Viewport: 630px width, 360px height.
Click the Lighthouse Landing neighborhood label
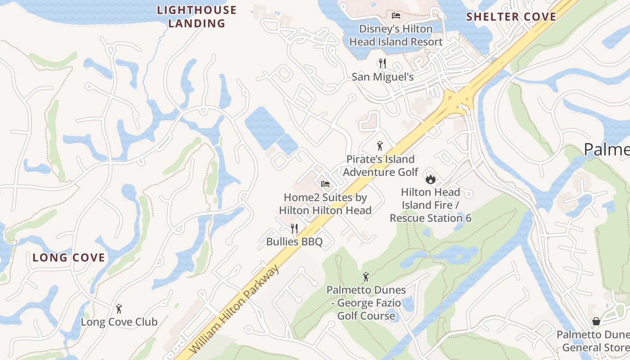click(x=197, y=17)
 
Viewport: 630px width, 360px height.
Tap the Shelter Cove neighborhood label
click(x=511, y=17)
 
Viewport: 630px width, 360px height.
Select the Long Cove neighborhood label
click(x=69, y=258)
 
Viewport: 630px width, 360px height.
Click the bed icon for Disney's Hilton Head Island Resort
click(x=396, y=16)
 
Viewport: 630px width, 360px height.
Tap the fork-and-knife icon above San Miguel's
click(x=382, y=63)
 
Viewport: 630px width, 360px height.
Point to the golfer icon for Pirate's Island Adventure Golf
click(x=380, y=146)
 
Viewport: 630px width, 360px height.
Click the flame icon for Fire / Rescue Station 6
click(x=431, y=179)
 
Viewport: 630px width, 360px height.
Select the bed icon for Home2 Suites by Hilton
click(x=325, y=184)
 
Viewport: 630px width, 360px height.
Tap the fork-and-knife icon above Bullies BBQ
click(x=294, y=229)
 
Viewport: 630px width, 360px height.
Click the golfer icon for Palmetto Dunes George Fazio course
click(x=366, y=277)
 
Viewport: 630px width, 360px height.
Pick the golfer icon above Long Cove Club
click(x=119, y=309)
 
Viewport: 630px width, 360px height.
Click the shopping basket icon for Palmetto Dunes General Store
click(x=596, y=321)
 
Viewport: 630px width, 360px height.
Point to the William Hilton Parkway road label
click(x=234, y=310)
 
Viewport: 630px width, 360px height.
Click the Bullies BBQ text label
click(x=294, y=242)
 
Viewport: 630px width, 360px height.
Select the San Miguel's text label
click(x=382, y=77)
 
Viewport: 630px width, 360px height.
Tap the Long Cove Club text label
click(x=119, y=322)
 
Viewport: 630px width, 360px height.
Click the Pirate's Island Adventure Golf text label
click(x=381, y=166)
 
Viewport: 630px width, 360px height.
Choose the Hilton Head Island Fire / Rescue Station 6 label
click(x=431, y=205)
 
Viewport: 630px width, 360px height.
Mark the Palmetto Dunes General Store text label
click(x=593, y=341)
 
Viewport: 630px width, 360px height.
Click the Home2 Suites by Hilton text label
click(x=325, y=204)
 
